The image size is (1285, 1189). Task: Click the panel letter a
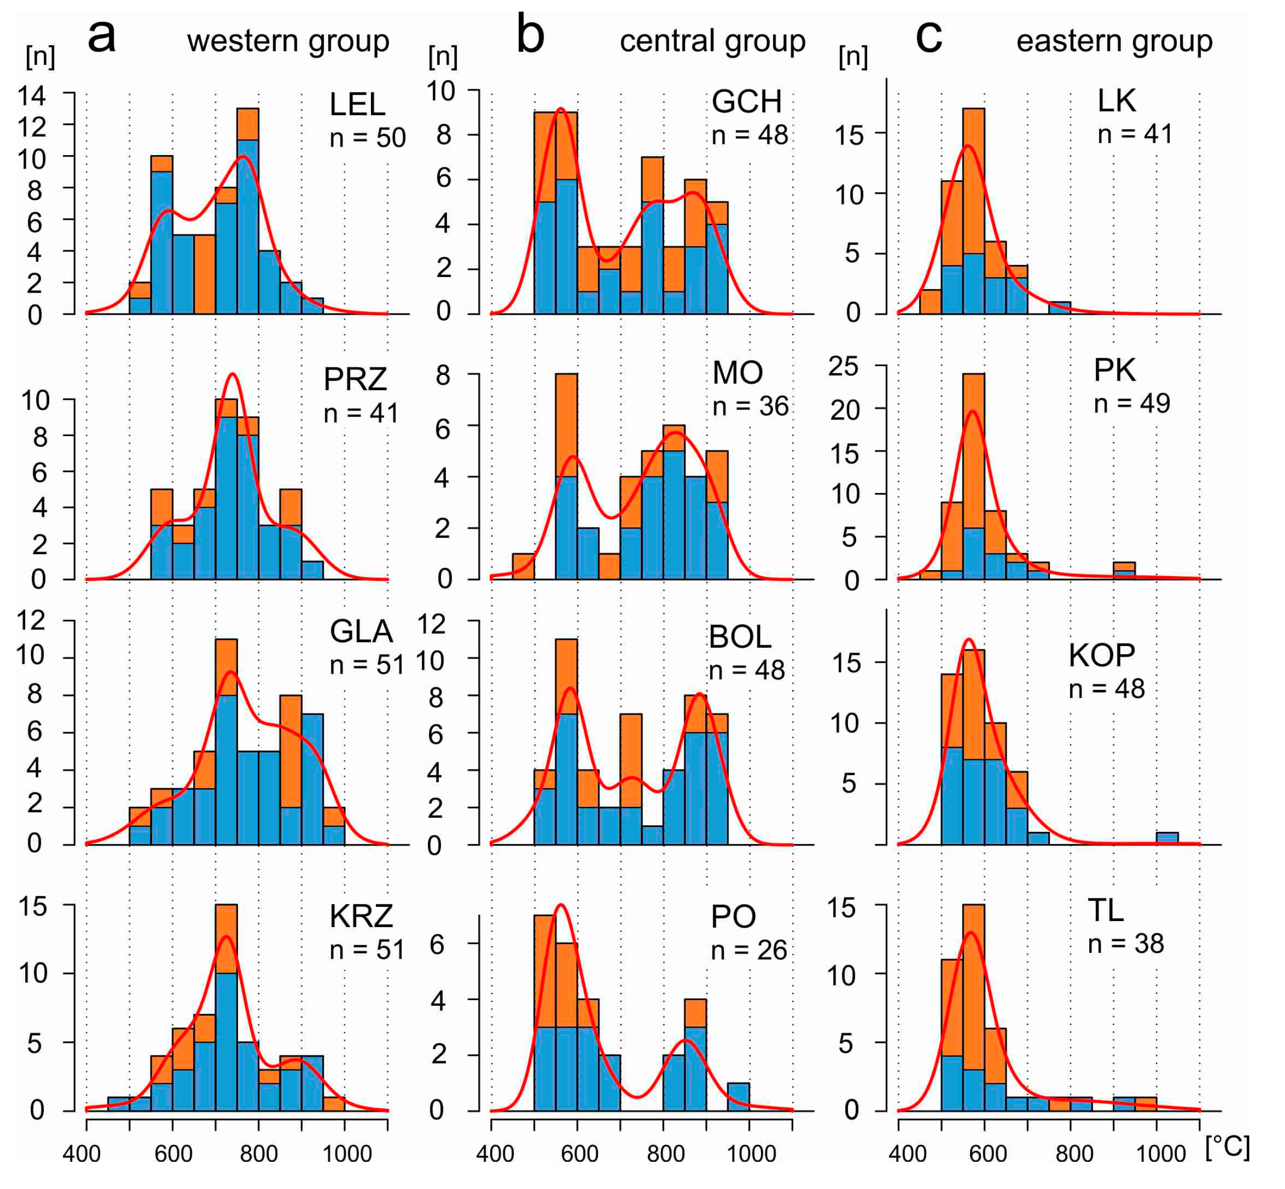(x=102, y=37)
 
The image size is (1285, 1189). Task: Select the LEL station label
(x=357, y=104)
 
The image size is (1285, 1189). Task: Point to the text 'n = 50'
(x=367, y=137)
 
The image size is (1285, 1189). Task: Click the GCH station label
(x=746, y=102)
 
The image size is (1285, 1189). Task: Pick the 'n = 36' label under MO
(x=750, y=406)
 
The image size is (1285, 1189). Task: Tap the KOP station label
(x=1101, y=655)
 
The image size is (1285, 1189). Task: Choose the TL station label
(x=1105, y=910)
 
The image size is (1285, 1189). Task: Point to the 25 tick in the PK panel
(x=843, y=366)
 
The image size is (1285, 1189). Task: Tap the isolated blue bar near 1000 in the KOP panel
(x=1167, y=837)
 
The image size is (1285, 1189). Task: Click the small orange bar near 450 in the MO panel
(x=523, y=566)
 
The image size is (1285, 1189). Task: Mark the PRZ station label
(x=354, y=379)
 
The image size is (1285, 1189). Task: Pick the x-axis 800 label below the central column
(x=664, y=1154)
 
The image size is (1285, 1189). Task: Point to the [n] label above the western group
(x=40, y=56)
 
